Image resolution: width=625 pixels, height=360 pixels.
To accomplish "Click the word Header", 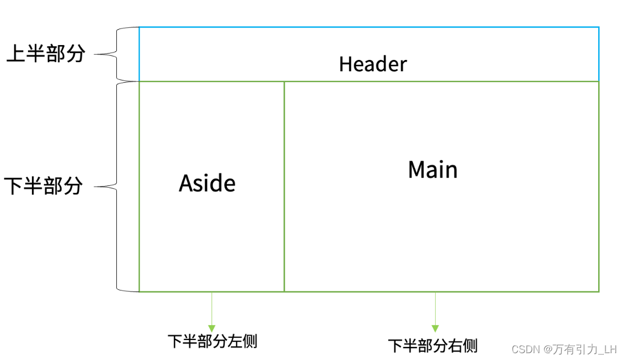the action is tap(373, 64).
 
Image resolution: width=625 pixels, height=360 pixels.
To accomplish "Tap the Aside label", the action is tap(207, 183).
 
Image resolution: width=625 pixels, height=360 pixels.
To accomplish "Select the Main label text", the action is tap(433, 169).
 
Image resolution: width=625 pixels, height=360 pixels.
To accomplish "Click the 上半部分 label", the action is tap(46, 54).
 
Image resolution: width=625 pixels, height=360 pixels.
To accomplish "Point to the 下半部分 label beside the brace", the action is tap(43, 186).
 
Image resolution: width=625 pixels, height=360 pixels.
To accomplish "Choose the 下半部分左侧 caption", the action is tap(212, 341).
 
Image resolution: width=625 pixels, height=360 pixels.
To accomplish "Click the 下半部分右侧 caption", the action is tap(433, 345).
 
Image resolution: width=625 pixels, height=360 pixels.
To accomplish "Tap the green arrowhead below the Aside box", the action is tap(212, 328).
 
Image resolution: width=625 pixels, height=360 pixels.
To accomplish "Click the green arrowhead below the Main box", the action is tap(435, 328).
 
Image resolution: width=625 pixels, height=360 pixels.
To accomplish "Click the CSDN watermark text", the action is tap(525, 349).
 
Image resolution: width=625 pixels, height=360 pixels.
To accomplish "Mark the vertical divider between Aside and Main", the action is tap(284, 187).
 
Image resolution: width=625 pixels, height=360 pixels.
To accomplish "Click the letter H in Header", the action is tap(344, 64).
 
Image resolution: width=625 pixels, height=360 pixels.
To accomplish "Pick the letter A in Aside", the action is tap(186, 183).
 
